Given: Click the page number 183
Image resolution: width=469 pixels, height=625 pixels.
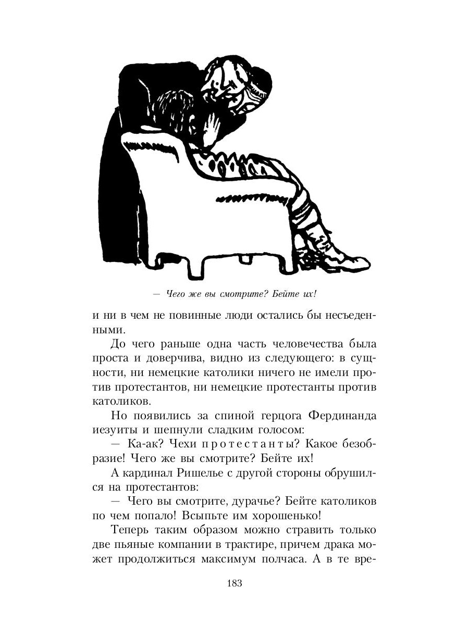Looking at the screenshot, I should click(234, 583).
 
